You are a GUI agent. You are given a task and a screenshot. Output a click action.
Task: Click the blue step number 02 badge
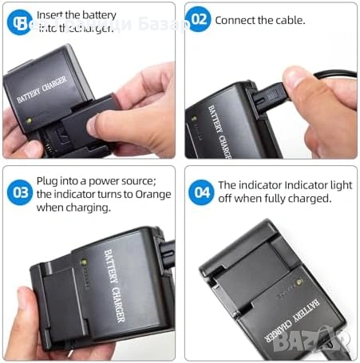tap(200, 20)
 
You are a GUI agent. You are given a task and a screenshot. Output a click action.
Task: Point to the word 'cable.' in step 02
tap(288, 20)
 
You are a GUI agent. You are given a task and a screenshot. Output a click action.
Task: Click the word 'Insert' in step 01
tap(52, 15)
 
